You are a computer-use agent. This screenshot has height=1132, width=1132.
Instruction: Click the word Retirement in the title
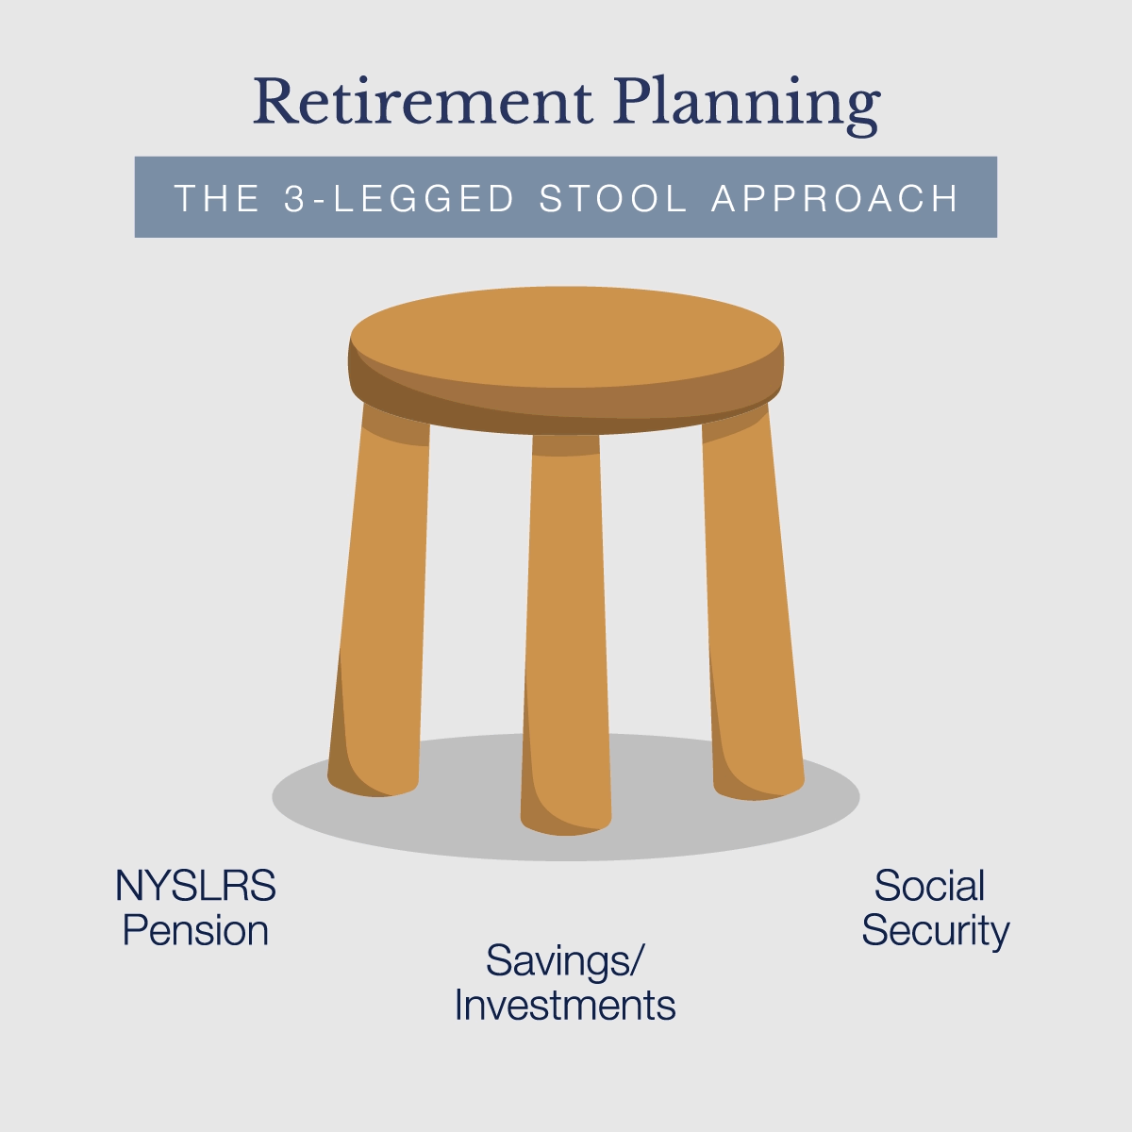pyautogui.click(x=423, y=102)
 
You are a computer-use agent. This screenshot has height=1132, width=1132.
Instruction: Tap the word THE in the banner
pyautogui.click(x=217, y=199)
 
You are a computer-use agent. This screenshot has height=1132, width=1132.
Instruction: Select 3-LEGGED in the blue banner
pyautogui.click(x=400, y=199)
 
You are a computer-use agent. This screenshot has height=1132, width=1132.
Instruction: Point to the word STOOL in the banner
pyautogui.click(x=613, y=199)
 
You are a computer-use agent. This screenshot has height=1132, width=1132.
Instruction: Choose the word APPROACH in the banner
pyautogui.click(x=835, y=199)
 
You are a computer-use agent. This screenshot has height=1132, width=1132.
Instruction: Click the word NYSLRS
pyautogui.click(x=195, y=887)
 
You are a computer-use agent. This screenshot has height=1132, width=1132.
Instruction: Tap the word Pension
pyautogui.click(x=195, y=931)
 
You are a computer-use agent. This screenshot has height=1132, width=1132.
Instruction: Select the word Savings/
pyautogui.click(x=564, y=961)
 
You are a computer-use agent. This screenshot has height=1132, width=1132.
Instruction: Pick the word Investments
pyautogui.click(x=564, y=1006)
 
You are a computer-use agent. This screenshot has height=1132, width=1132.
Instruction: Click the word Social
pyautogui.click(x=929, y=887)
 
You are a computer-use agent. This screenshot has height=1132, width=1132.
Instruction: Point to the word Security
pyautogui.click(x=935, y=931)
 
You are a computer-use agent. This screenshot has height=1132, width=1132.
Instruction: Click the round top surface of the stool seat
pyautogui.click(x=566, y=335)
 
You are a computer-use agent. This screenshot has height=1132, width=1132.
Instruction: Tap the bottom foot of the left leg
pyautogui.click(x=374, y=781)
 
